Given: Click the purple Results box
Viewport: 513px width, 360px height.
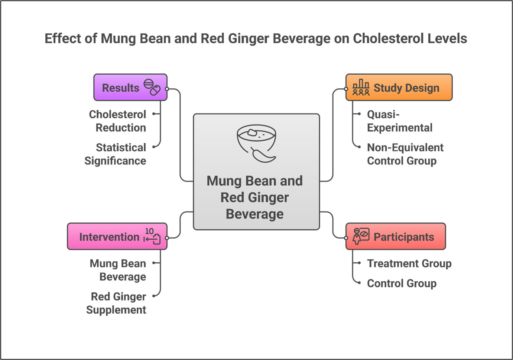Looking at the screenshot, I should (x=130, y=88).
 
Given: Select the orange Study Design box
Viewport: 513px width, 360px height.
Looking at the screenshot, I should (x=399, y=88).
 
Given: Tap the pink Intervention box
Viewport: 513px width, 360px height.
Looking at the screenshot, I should (x=117, y=236).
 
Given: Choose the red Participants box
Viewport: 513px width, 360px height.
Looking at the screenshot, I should (x=395, y=236).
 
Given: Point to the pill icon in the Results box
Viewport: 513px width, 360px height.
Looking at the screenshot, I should (x=152, y=87).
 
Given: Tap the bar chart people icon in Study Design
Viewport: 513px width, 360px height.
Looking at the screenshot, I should (x=361, y=88).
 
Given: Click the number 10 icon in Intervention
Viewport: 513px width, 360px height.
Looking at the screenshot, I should (x=152, y=236).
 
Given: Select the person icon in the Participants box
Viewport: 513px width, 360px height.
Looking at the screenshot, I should (x=361, y=236).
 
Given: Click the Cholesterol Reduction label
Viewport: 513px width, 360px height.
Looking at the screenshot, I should (x=118, y=121).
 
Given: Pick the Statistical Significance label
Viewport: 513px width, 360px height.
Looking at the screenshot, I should (x=116, y=154).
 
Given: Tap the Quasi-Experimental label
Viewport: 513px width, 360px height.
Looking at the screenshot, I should (x=399, y=121).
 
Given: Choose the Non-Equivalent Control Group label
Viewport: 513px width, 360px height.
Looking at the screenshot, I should (x=405, y=154).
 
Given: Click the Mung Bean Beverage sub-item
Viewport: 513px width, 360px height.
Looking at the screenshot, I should (x=118, y=270).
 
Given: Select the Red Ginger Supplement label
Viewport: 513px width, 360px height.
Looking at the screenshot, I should (x=117, y=303).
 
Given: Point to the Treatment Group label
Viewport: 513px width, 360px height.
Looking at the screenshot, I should (x=409, y=264).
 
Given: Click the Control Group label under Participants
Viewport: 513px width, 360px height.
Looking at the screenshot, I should (x=402, y=284).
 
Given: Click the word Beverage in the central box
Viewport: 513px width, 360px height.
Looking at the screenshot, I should (x=255, y=214).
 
